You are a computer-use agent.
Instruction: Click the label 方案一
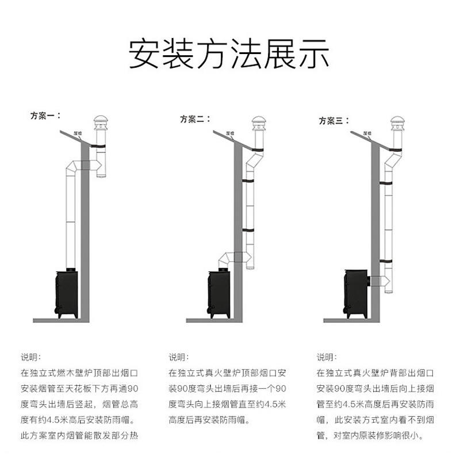(44, 115)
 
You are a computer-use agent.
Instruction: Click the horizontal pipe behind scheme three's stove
(376, 280)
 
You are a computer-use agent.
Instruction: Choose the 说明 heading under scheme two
(178, 356)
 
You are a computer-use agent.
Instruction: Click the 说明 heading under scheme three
(327, 356)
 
